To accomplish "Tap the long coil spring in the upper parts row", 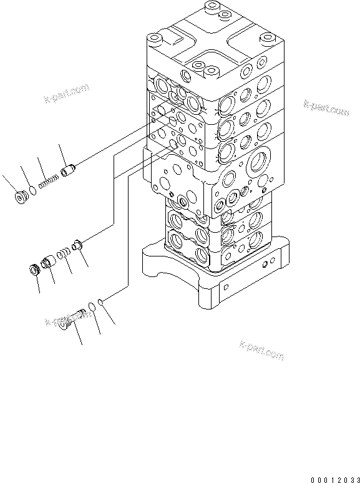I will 49,182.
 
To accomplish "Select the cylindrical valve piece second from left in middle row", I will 49,263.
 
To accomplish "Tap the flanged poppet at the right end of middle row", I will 77,245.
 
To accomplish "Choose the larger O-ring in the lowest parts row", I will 92,306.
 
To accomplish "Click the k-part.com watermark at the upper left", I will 65,94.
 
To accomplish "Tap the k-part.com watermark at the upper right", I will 326,108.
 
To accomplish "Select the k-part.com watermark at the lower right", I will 261,350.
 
